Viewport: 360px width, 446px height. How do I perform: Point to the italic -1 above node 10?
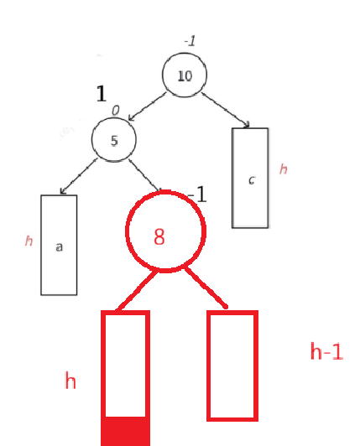(x=190, y=41)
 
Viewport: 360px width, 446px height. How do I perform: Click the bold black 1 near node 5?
(x=102, y=94)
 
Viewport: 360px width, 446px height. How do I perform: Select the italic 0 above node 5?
(x=115, y=111)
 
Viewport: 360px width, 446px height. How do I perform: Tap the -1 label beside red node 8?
(x=197, y=194)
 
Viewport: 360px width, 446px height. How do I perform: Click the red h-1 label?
(x=326, y=351)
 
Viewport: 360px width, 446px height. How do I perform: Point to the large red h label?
(x=70, y=381)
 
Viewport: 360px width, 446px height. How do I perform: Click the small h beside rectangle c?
(x=284, y=169)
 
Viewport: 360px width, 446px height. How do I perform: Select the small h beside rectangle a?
(x=29, y=241)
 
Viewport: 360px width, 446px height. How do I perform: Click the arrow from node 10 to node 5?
(x=147, y=106)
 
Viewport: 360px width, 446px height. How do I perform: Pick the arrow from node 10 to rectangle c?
(x=226, y=110)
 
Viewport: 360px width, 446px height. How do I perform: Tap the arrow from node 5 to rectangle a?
(x=79, y=176)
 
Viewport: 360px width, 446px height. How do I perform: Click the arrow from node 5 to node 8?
(x=144, y=175)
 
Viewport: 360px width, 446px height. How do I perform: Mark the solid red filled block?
(x=126, y=431)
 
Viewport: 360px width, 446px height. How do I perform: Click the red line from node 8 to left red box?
(x=137, y=291)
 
